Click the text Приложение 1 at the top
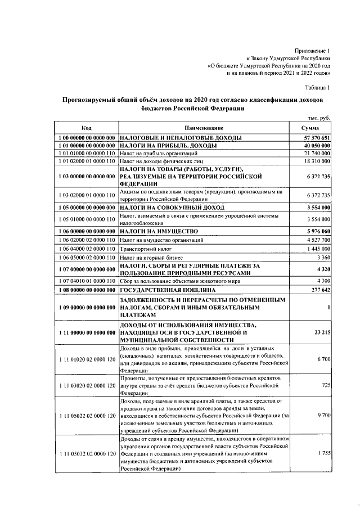coord(313,50)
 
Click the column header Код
coord(87,128)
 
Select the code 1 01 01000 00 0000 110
coord(87,153)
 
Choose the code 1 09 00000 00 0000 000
coord(87,308)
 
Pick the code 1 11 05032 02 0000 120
coord(87,453)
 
